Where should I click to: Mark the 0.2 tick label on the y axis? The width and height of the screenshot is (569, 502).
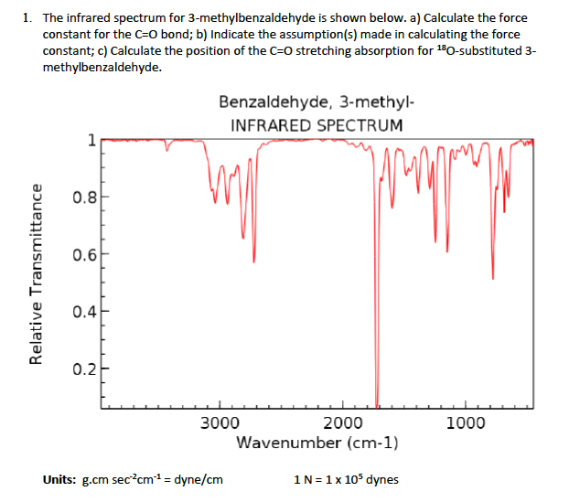82,368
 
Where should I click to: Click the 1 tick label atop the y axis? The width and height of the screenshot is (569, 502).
90,140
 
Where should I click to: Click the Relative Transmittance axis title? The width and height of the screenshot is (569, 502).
38,274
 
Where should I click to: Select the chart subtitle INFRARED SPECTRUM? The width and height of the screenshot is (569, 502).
316,125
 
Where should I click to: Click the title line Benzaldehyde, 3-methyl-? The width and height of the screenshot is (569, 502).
317,103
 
